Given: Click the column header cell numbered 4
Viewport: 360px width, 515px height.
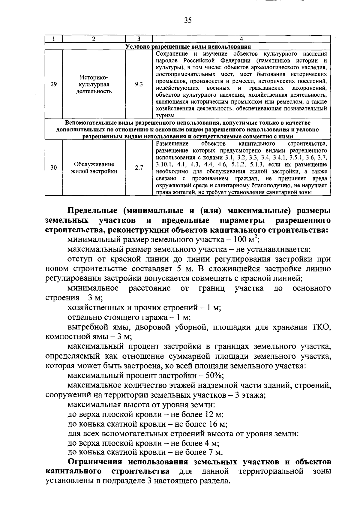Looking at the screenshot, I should pos(241,39).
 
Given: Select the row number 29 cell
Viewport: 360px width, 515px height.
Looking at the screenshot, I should pos(54,84).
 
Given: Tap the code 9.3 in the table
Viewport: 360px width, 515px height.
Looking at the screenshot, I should pos(139,84).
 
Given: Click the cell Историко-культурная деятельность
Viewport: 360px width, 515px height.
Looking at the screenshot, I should pos(94,84).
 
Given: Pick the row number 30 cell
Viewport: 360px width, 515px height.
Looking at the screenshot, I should pos(54,168).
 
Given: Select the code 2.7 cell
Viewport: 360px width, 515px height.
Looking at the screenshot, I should pos(139,168).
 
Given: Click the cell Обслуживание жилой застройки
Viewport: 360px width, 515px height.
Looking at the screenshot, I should pos(94,168).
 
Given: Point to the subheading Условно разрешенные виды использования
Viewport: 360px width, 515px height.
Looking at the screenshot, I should pos(188,47).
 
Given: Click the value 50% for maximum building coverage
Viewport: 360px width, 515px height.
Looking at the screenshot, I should pos(214,376).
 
